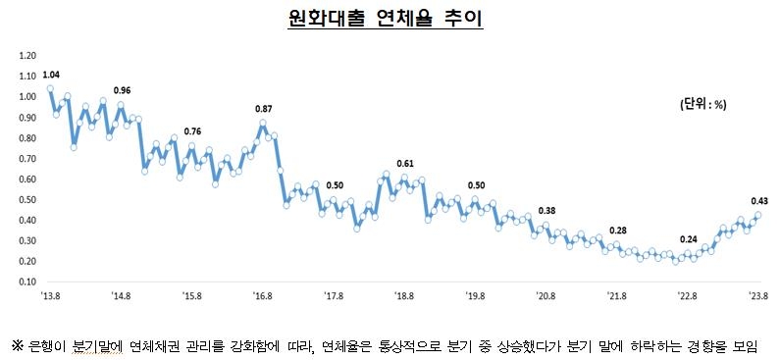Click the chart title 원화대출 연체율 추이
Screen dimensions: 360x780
pos(390,19)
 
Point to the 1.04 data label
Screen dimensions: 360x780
pos(51,75)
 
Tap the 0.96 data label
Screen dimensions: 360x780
pos(122,90)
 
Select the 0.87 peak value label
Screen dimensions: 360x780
pos(263,108)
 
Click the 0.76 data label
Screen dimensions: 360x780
pos(192,131)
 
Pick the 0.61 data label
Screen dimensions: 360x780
pos(405,163)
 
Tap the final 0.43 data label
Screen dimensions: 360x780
pos(758,200)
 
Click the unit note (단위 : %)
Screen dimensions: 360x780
pos(702,103)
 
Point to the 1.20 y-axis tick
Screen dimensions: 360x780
pos(26,56)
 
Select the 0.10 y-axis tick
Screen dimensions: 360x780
pos(26,281)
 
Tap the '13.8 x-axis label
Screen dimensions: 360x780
pos(50,294)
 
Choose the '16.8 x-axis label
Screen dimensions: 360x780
pos(263,294)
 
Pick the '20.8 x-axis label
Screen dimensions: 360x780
pos(546,294)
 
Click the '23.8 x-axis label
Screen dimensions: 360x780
pos(756,294)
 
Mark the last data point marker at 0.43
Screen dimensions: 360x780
pos(757,216)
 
